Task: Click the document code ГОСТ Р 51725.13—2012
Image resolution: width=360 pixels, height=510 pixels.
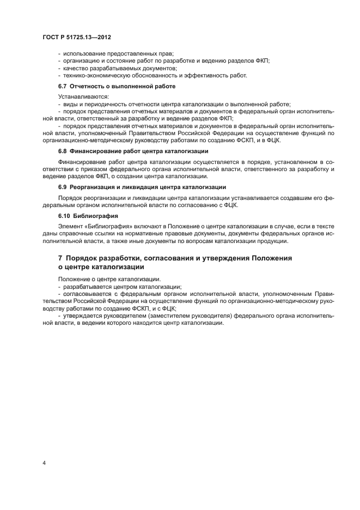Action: (77, 38)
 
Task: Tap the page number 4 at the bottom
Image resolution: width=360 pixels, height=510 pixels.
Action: (44, 463)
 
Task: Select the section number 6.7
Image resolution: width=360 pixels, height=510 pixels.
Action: (63, 86)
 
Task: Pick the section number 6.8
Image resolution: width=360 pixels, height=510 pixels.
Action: (63, 151)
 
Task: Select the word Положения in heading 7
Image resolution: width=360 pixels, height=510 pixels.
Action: (272, 258)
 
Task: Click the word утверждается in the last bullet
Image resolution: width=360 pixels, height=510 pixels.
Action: (83, 315)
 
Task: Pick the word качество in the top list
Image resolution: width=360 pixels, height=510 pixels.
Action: (75, 68)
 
